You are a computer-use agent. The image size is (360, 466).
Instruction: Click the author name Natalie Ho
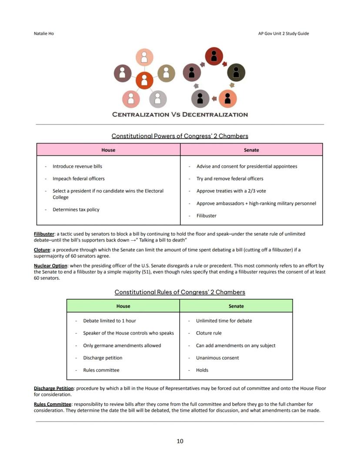click(44, 34)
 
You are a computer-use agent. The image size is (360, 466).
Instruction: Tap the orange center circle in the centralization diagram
click(144, 80)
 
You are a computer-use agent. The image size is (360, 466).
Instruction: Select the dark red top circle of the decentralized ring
click(214, 56)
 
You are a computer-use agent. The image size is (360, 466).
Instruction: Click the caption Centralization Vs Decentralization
click(180, 114)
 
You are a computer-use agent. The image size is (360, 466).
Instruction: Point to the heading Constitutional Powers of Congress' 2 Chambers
click(180, 136)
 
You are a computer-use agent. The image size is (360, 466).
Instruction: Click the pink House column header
click(108, 150)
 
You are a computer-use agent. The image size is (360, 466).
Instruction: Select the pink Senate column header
click(251, 150)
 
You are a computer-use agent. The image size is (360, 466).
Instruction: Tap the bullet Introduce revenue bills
click(77, 166)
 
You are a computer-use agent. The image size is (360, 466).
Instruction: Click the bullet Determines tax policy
click(76, 210)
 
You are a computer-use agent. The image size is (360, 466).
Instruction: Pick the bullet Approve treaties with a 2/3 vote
click(231, 191)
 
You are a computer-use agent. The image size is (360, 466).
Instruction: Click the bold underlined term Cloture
click(42, 250)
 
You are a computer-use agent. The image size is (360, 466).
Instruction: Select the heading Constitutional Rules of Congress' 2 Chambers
click(180, 292)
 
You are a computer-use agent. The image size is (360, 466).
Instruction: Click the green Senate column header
click(236, 306)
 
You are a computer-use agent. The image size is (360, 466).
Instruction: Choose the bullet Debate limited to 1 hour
click(109, 321)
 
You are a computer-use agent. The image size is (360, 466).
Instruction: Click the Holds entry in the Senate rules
click(202, 370)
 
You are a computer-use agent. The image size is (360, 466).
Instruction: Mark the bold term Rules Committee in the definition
click(53, 404)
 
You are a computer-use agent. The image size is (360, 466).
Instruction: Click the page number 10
click(180, 441)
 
